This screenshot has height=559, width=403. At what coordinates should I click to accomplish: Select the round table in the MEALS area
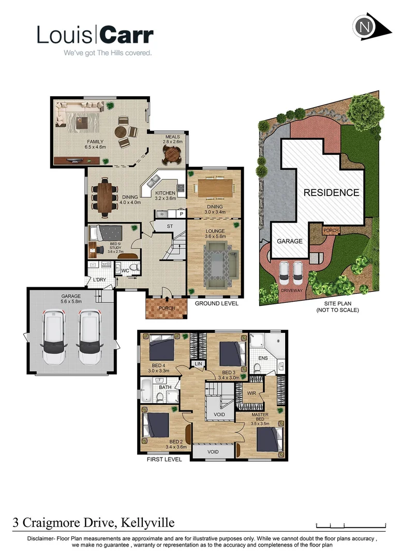(171, 153)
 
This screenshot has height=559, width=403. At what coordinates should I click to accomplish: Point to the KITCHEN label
(166, 193)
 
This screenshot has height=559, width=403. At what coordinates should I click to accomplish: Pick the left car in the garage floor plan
(54, 337)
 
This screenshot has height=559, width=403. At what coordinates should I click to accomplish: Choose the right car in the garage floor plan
(89, 337)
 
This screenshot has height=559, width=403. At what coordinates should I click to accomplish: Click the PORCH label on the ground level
(167, 308)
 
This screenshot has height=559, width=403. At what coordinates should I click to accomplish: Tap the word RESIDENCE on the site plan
(331, 193)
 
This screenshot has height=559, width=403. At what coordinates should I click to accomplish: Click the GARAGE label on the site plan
(289, 241)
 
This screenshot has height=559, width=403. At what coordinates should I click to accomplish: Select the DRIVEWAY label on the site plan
(291, 290)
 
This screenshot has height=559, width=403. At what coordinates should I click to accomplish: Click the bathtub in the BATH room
(146, 391)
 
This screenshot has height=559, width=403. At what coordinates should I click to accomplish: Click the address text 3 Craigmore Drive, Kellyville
(94, 524)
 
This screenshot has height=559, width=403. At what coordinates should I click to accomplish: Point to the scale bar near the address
(351, 525)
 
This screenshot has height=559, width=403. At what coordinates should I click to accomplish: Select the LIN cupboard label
(198, 364)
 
